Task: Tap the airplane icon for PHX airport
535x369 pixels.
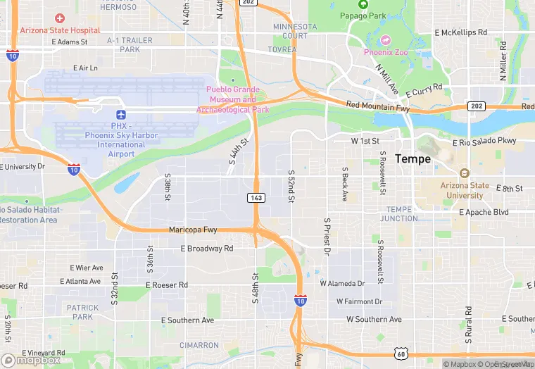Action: click(x=120, y=114)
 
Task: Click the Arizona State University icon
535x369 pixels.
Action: click(x=464, y=173)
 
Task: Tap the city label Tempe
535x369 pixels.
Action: click(x=413, y=159)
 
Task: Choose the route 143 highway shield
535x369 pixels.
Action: click(x=256, y=198)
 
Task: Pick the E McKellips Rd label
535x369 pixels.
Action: click(x=461, y=32)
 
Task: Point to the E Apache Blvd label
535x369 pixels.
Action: click(x=484, y=212)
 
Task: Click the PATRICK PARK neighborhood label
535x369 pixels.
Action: click(x=82, y=312)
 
